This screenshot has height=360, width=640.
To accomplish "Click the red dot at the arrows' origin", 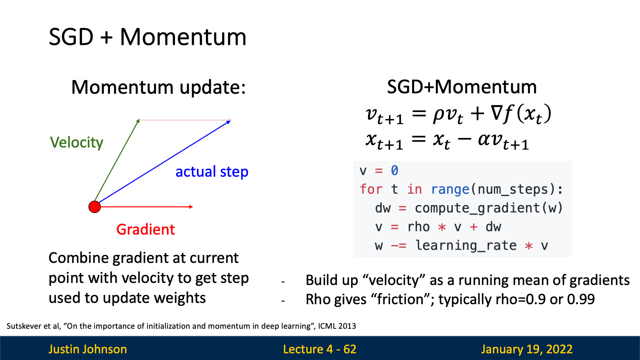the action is point(95,207).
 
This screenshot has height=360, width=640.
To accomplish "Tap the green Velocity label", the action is point(77,142).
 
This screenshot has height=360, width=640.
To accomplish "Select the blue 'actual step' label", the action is point(212,172).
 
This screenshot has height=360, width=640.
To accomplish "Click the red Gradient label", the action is point(145,230).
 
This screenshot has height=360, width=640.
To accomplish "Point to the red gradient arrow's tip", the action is point(193,207).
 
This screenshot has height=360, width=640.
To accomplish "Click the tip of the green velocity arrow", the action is point(139,120).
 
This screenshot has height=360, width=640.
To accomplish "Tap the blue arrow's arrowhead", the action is point(230,121).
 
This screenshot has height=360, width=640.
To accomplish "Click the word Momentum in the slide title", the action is point(183,37).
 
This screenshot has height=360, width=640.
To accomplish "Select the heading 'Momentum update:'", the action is point(159,87).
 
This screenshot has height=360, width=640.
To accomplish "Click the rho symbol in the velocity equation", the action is point(439,115).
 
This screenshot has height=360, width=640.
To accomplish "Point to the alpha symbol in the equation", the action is point(485,140).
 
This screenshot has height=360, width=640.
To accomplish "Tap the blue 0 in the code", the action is point(395,170).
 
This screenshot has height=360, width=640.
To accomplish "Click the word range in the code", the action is point(450,190).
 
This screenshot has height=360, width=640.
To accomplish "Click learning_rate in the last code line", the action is point(466,246).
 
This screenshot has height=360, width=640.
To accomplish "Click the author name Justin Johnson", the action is point(88,349).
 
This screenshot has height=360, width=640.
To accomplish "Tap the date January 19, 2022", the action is point(527,350).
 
